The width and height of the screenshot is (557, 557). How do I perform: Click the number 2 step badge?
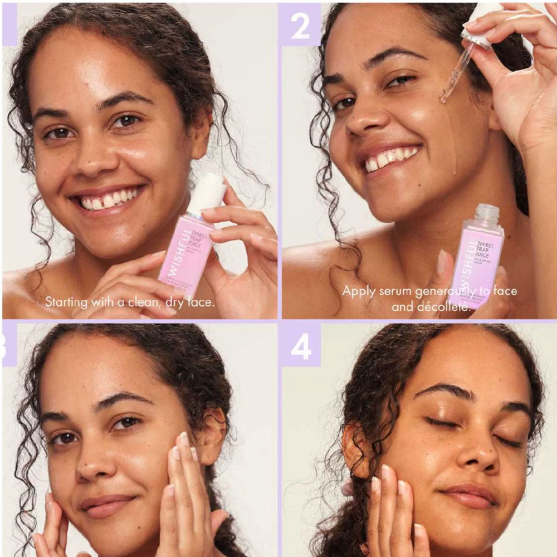point(300,25)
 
